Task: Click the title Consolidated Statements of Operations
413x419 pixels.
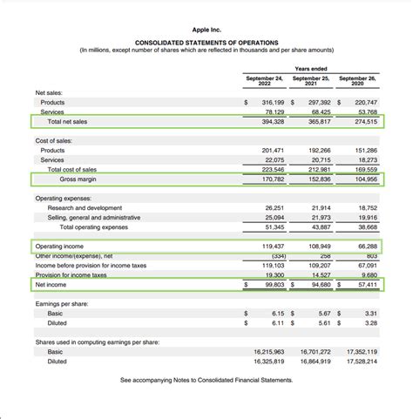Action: tap(206, 43)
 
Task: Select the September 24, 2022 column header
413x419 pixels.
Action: tap(264, 80)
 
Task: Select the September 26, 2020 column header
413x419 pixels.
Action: tap(357, 80)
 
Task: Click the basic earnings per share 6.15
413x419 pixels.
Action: tap(278, 313)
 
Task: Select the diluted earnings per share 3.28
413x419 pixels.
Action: tap(369, 322)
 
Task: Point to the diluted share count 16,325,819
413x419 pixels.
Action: tap(268, 361)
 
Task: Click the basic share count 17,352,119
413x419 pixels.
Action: tap(361, 351)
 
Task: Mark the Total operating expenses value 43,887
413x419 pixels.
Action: tap(319, 227)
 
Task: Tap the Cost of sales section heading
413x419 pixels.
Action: tap(54, 141)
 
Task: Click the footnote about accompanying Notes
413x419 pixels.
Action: tap(206, 381)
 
